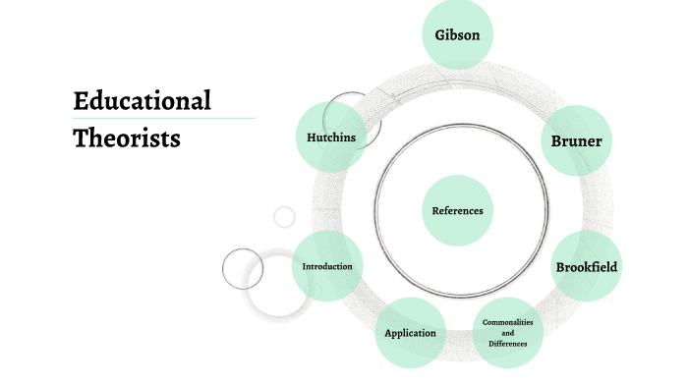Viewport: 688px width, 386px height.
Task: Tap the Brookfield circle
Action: click(588, 266)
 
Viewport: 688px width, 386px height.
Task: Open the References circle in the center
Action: click(457, 210)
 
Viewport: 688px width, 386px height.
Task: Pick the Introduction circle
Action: click(326, 266)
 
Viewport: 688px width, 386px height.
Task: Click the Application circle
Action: click(410, 333)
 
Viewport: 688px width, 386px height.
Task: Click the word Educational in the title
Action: click(143, 100)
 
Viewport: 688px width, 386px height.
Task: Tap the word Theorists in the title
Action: click(127, 138)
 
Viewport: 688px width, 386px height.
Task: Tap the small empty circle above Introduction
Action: click(284, 217)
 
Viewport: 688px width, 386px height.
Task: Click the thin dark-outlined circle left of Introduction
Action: click(242, 268)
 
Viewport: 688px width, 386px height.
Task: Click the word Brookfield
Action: click(588, 266)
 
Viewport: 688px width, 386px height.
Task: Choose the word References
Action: click(457, 210)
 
